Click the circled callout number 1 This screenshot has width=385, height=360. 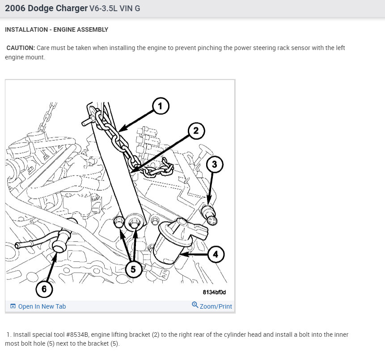point(161,106)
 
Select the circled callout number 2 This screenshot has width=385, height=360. point(196,131)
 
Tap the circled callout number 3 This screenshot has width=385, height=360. point(214,164)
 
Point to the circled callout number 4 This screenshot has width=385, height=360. point(216,254)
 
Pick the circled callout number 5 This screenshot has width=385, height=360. point(133,269)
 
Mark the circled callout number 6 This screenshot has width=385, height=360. point(44,289)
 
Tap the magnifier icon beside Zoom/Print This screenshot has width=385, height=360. point(195,305)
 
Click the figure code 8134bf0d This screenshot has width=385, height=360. point(214,292)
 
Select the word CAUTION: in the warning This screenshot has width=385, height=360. point(21,48)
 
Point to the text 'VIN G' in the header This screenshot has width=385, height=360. point(130,8)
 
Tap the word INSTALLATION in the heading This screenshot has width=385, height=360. point(26,29)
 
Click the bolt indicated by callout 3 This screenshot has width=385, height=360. point(209,215)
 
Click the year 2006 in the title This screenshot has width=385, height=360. point(15,8)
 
